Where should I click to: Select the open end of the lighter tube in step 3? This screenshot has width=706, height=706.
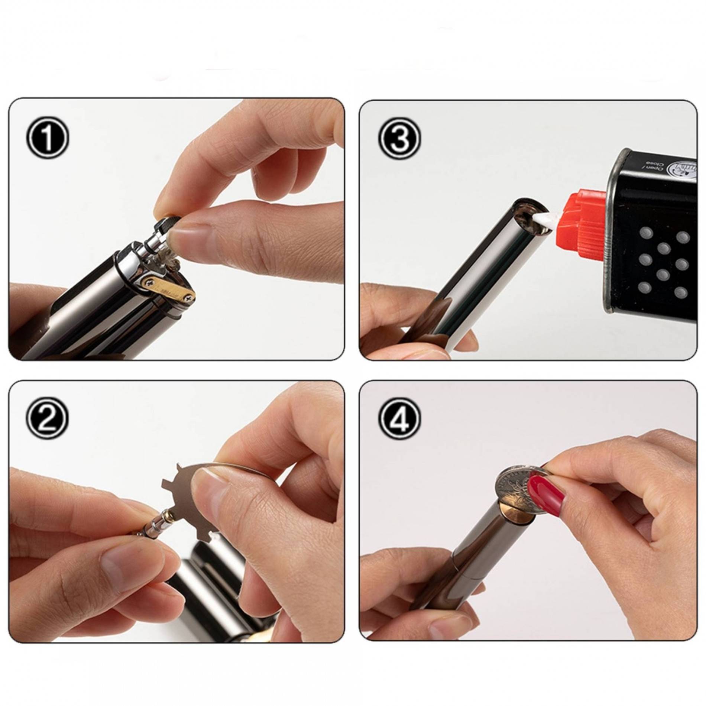(528, 216)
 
